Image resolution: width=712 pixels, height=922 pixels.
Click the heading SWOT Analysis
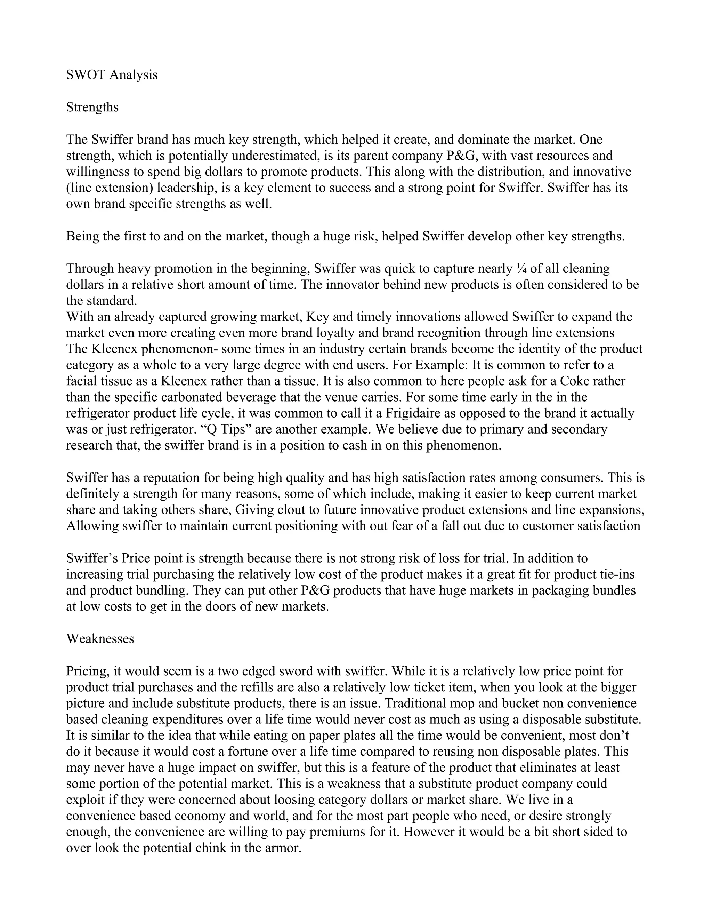click(112, 75)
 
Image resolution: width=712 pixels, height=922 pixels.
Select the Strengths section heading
click(92, 107)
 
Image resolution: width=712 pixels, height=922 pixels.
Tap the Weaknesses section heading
click(100, 639)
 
